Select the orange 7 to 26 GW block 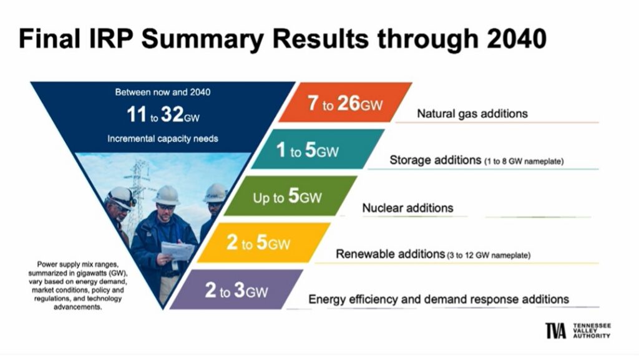[x=345, y=102]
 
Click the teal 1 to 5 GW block [x=318, y=149]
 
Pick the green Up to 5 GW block [x=291, y=196]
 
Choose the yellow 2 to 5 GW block [x=264, y=242]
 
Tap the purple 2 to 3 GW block [x=237, y=289]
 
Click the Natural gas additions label [x=472, y=114]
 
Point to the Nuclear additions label [x=407, y=208]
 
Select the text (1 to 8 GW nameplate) [x=524, y=161]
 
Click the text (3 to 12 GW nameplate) [x=489, y=255]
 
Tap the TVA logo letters [x=556, y=331]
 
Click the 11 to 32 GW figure [x=163, y=114]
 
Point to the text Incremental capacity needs [x=163, y=139]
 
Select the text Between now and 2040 [x=163, y=92]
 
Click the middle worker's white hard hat [x=167, y=195]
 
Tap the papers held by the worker [x=178, y=250]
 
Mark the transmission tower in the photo [x=138, y=192]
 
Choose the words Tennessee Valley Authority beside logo [x=592, y=331]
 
